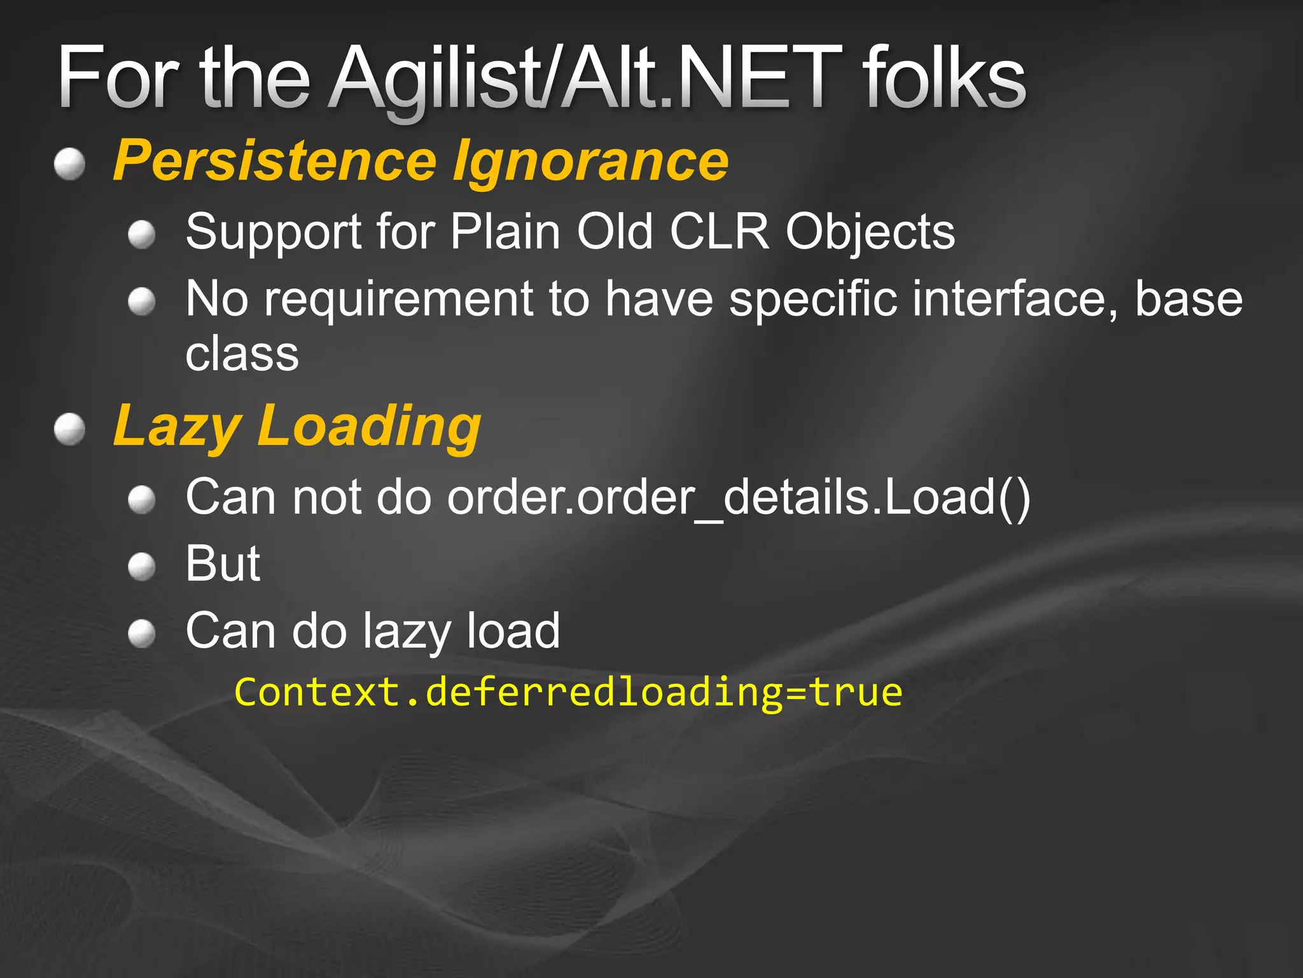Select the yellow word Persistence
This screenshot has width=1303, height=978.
coord(274,161)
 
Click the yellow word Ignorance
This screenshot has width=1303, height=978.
coord(590,161)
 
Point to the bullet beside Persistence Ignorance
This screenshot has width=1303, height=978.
coord(69,165)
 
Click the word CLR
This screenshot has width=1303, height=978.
coord(720,231)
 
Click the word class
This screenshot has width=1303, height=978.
coord(242,353)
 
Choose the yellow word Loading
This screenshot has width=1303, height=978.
coord(369,427)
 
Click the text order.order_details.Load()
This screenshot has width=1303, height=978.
coord(738,497)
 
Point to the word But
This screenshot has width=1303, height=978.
coord(223,563)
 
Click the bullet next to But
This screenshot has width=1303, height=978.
coord(141,566)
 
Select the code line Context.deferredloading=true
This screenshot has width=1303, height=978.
coord(568,692)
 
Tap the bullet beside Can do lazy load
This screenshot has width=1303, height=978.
coord(141,634)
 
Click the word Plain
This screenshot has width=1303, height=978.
coord(505,231)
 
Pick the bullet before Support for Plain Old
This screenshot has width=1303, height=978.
coord(141,235)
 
